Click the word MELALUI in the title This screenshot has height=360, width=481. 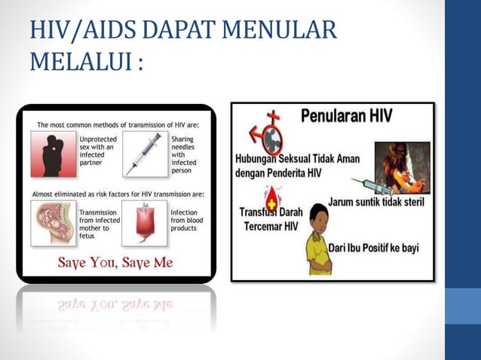tap(78, 61)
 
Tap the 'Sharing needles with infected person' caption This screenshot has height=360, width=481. tap(185, 154)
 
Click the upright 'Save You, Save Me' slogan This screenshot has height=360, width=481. tap(115, 262)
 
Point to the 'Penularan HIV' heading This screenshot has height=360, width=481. tap(351, 117)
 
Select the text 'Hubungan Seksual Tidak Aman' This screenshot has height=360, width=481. tap(296, 159)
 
